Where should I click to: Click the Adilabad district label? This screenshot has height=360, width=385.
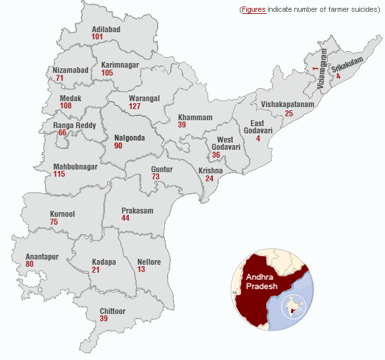point(107,29)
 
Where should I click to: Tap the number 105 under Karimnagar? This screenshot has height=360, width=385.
point(107,72)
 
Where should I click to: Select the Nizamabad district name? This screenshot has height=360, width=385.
point(70,70)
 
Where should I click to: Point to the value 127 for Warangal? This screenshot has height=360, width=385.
point(135,106)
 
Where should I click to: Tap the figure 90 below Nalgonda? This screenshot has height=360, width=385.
point(118,146)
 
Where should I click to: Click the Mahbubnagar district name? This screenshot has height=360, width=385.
point(76,167)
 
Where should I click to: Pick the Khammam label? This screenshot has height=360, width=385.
point(195,118)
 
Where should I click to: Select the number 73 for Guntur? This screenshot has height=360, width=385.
point(156,177)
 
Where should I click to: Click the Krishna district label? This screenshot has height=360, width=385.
point(210,171)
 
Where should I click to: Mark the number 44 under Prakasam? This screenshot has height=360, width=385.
point(125,218)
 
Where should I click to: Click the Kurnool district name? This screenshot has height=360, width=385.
point(62,214)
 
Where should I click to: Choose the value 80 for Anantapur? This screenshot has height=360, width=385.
point(30,264)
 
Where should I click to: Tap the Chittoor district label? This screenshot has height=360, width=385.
point(112,311)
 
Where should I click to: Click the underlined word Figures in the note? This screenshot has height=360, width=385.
point(254,10)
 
